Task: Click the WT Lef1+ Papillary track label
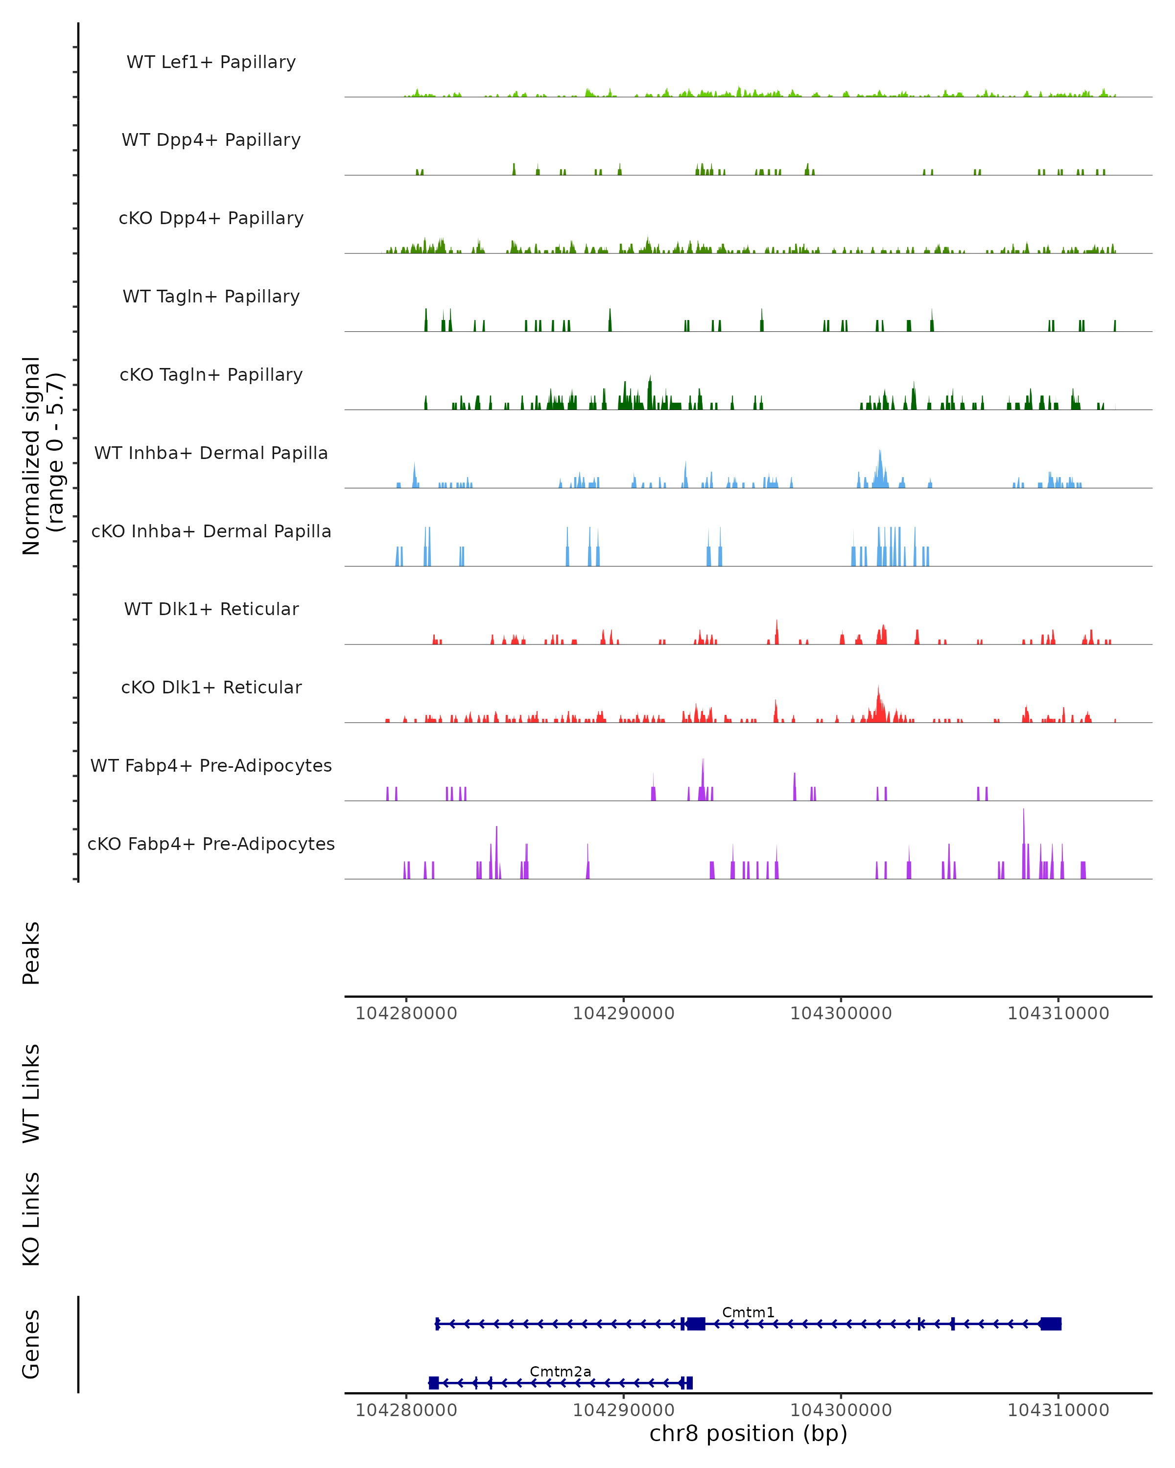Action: pyautogui.click(x=211, y=62)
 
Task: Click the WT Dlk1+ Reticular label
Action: pyautogui.click(x=211, y=609)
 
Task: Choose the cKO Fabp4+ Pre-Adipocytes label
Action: pyautogui.click(x=211, y=844)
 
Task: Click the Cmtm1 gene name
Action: pyautogui.click(x=748, y=1312)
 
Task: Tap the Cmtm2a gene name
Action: pyautogui.click(x=560, y=1371)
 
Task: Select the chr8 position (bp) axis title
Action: pyautogui.click(x=748, y=1433)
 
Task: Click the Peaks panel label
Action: pyautogui.click(x=31, y=953)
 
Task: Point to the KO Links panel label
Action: pyautogui.click(x=31, y=1219)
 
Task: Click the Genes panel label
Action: pyautogui.click(x=31, y=1344)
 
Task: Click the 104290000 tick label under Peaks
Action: pyautogui.click(x=623, y=1013)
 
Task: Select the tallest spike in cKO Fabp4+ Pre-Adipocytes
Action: pyautogui.click(x=1023, y=811)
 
